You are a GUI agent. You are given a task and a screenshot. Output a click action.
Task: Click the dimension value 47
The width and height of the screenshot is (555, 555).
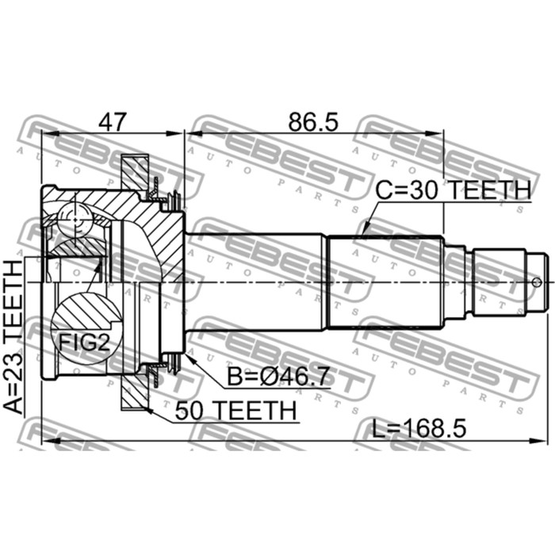point(113,122)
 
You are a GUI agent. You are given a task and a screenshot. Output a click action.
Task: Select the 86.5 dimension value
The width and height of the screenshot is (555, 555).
point(313,122)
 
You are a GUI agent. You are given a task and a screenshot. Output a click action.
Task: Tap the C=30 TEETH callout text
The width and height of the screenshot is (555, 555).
point(453,190)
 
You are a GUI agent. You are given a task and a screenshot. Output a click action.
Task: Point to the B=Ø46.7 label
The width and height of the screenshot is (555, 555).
point(278,377)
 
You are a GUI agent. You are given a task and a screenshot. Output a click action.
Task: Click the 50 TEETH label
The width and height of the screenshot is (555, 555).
point(235,411)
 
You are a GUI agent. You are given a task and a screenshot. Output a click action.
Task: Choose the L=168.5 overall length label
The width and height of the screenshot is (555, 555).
point(419,428)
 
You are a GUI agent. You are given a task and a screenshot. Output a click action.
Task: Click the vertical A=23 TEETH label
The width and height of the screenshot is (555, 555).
point(13,337)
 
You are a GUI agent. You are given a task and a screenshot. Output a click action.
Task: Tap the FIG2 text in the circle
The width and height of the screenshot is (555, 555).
point(84,343)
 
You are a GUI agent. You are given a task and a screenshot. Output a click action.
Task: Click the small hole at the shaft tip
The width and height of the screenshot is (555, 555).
point(537,282)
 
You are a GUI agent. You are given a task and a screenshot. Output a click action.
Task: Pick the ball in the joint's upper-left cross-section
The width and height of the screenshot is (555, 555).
point(75,220)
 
